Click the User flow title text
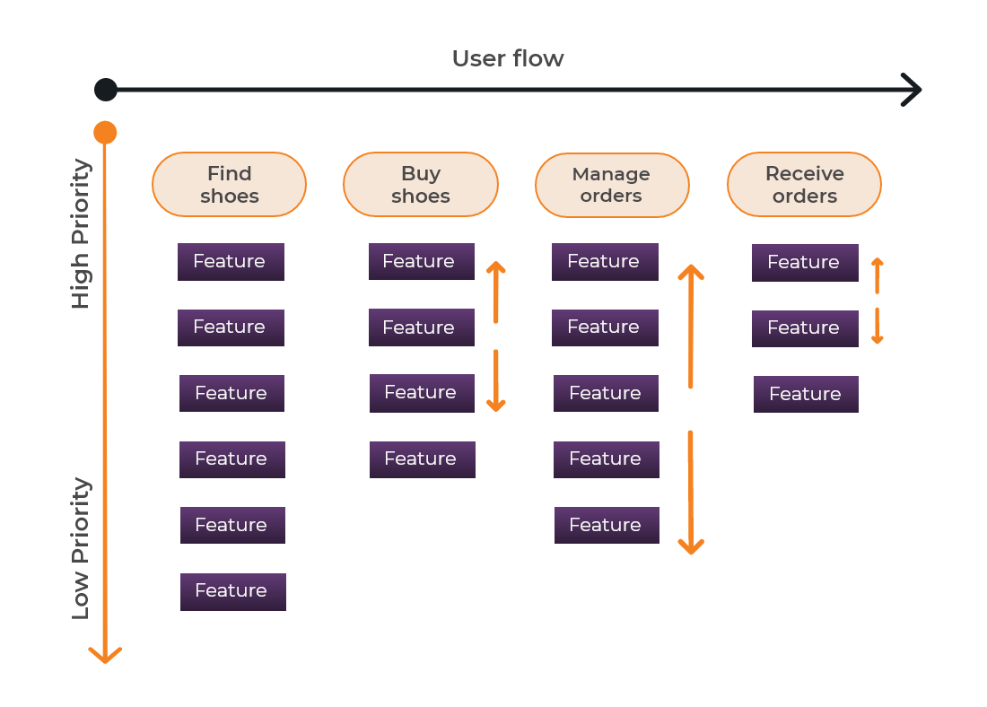[x=508, y=59]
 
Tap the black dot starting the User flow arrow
[x=106, y=90]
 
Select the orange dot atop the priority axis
[x=105, y=133]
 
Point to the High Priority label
[x=82, y=234]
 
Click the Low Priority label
[x=82, y=548]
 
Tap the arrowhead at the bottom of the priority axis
[x=105, y=654]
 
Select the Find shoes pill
[x=229, y=185]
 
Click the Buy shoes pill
[x=420, y=185]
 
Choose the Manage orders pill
[x=612, y=185]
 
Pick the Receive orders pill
[x=804, y=185]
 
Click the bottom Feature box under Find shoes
[x=233, y=591]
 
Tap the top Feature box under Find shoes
[x=231, y=262]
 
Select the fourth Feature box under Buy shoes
[x=422, y=459]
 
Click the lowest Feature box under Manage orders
[x=607, y=525]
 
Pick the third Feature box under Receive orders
[x=806, y=394]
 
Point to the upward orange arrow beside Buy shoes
[x=495, y=292]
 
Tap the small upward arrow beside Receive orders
[x=878, y=275]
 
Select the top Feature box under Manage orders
[x=605, y=262]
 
